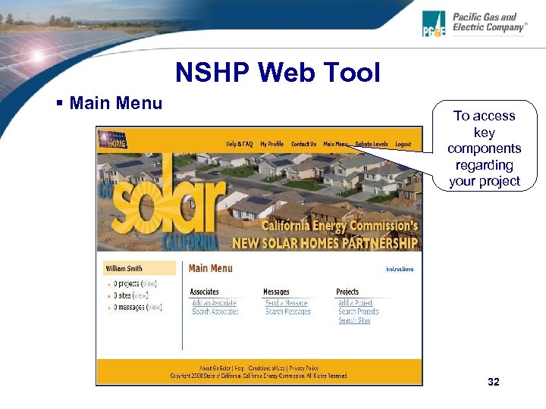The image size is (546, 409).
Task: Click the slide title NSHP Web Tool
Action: click(278, 73)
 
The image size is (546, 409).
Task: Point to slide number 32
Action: click(494, 382)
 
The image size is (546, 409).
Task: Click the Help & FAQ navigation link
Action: click(240, 144)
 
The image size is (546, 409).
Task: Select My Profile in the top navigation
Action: click(271, 144)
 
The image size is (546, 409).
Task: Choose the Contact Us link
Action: click(304, 144)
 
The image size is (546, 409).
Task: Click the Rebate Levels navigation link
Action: click(372, 144)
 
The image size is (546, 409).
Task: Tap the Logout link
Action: click(403, 144)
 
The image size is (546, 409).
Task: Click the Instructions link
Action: click(400, 269)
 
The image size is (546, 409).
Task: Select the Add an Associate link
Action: click(215, 303)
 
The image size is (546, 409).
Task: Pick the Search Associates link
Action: click(215, 312)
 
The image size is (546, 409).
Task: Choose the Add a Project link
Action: click(356, 303)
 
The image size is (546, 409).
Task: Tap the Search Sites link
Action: click(354, 320)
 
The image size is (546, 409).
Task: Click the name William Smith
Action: click(124, 268)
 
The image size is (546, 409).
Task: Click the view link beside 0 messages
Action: click(155, 308)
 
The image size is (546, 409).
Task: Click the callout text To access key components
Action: click(484, 148)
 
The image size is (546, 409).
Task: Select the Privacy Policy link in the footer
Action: click(303, 368)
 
